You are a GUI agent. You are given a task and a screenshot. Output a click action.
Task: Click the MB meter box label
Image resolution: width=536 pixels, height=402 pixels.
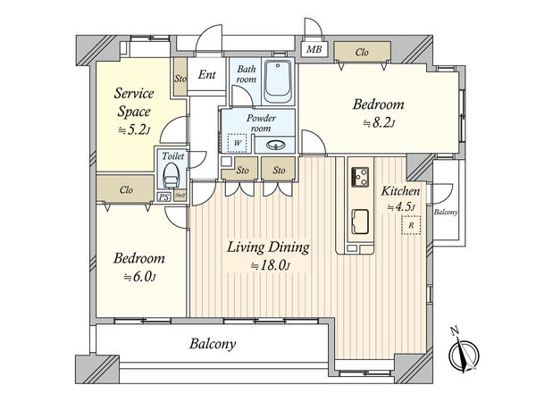coord(314,49)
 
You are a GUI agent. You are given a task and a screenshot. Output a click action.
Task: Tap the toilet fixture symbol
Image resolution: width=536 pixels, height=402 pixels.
coord(170,175)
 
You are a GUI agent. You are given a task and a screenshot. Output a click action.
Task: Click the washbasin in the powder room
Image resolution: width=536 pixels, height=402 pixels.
coord(276,146)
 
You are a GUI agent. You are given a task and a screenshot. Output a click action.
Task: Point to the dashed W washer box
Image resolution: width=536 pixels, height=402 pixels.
coord(238,143)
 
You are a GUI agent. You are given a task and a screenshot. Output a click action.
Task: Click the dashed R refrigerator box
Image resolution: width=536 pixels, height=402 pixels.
coord(411,225)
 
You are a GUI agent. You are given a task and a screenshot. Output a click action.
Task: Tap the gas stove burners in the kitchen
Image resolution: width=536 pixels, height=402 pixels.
coord(360,177)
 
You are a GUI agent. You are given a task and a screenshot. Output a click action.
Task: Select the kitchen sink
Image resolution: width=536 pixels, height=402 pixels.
coord(360,222)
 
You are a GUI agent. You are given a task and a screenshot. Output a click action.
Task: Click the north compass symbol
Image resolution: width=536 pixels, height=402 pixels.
coord(463,352)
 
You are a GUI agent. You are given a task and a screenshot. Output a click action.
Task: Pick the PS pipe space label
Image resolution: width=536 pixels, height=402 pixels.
coord(163,197)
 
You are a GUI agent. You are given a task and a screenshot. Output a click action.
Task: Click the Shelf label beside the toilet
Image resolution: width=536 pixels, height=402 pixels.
coord(180,195)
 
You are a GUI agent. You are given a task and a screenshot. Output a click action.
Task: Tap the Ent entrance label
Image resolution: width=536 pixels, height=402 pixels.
coord(207,74)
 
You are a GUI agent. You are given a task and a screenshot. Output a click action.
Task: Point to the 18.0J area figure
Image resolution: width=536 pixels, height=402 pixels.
coord(270,265)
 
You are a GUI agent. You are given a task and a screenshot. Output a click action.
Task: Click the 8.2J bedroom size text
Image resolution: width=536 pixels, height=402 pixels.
coord(379,122)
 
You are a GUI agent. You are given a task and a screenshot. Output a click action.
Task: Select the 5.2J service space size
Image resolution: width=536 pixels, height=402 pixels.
coord(134,130)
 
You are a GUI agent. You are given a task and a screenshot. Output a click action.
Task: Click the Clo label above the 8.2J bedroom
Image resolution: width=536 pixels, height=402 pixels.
coord(362,53)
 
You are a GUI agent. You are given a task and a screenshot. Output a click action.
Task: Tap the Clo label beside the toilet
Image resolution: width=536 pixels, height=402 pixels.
coord(126,189)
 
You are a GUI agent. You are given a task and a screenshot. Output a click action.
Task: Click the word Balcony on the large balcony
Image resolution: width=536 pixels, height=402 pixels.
coord(213,344)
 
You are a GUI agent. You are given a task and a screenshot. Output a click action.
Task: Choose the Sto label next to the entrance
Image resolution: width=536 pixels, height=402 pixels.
coord(180,79)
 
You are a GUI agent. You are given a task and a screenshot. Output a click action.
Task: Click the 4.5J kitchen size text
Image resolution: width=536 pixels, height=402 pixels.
coord(401,207)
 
